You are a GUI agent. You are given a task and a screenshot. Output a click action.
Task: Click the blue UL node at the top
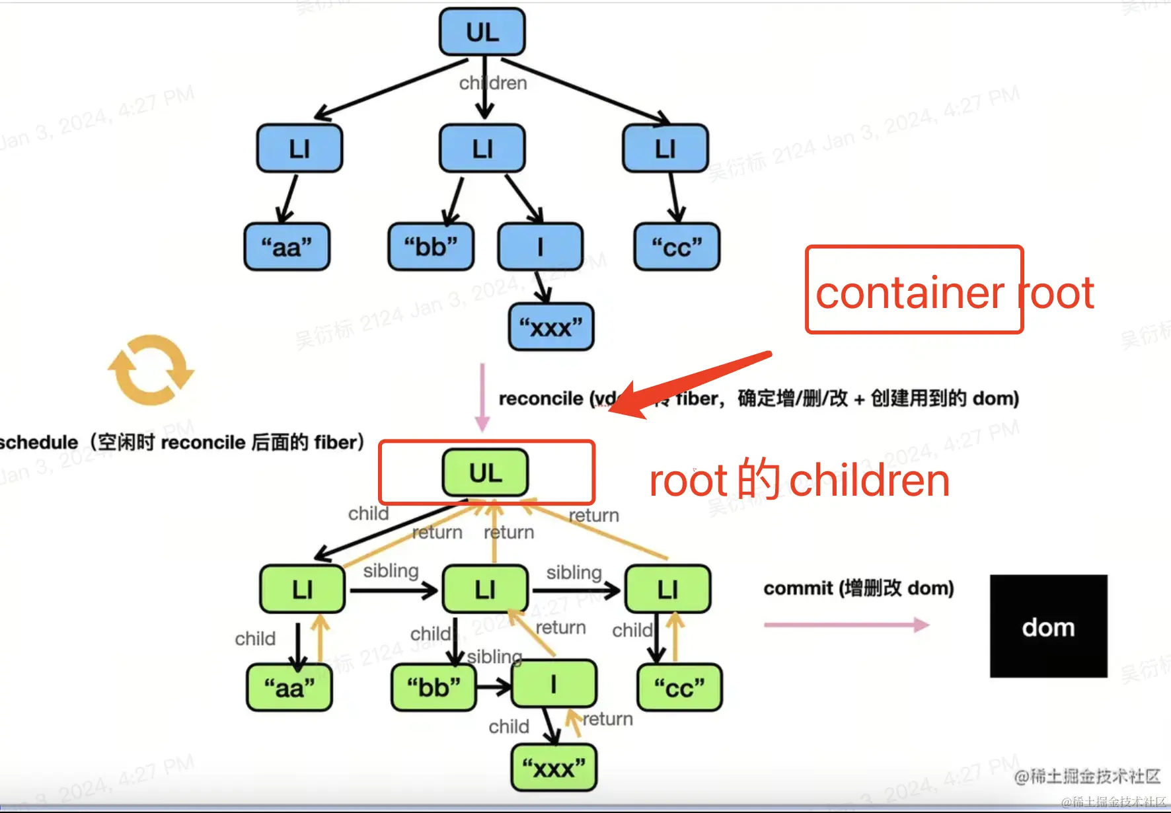[x=482, y=32]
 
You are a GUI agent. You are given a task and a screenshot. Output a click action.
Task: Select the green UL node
[x=486, y=473]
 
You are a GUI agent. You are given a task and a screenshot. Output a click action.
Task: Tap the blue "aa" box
[x=287, y=247]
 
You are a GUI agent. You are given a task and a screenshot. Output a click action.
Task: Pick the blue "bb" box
[x=431, y=247]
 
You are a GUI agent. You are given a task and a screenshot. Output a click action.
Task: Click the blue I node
[x=541, y=247]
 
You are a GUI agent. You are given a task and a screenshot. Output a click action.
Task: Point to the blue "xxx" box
[x=551, y=327]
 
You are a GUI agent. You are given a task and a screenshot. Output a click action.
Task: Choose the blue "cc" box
[x=677, y=247]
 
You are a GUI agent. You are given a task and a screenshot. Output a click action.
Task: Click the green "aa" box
[x=289, y=688]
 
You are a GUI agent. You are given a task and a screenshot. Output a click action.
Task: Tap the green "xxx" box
[x=554, y=768]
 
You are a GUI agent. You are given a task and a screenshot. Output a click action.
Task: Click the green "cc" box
[x=679, y=688]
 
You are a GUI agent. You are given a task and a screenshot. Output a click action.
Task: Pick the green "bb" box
[x=434, y=688]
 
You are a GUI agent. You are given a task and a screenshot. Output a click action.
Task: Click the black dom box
[x=1048, y=626]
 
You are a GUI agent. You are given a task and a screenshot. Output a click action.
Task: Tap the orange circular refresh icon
[x=151, y=369]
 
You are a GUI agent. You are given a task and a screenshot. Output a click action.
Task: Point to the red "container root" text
[x=954, y=292]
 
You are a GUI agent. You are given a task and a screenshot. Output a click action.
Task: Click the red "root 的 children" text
[x=800, y=481]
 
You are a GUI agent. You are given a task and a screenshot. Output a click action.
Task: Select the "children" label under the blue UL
[x=494, y=83]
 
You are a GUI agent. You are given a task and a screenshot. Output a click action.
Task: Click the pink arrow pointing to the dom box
[x=846, y=625]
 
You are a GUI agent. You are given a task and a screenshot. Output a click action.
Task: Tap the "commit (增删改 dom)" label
[x=858, y=588]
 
